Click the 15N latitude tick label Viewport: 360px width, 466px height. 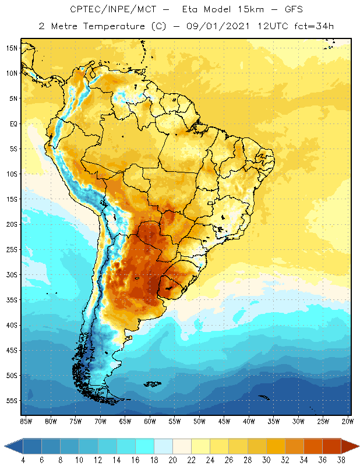(x=11, y=48)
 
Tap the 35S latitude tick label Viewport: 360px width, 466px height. (x=11, y=300)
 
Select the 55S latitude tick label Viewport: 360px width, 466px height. (x=11, y=401)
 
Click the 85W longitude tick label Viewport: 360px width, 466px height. (x=26, y=421)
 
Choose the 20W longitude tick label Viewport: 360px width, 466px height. (x=348, y=421)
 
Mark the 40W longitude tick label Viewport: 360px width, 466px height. (x=249, y=421)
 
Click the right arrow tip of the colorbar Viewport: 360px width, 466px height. (x=357, y=446)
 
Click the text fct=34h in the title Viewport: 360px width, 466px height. (x=298, y=26)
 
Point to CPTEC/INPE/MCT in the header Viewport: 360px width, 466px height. (x=107, y=10)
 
